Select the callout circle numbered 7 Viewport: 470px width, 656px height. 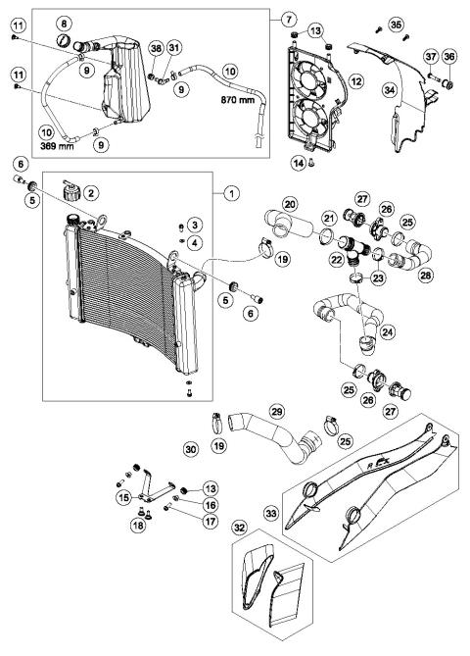coord(287,20)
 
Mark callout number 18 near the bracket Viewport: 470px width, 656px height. coord(136,527)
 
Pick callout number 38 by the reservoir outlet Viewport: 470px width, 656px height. coord(156,50)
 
